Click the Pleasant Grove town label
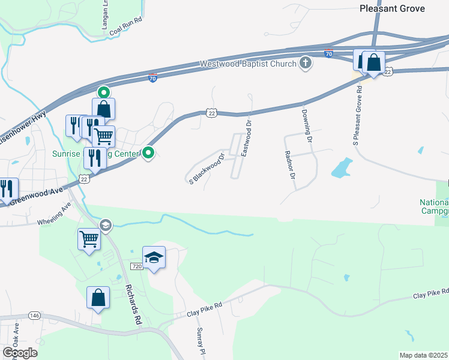[x=392, y=8]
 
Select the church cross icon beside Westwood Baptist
[x=306, y=63]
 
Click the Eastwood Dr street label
[x=246, y=138]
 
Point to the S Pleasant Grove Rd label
[x=358, y=115]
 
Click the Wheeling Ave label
[x=54, y=214]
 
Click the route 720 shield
[x=136, y=266]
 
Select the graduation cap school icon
[x=154, y=257]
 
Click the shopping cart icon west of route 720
[x=89, y=239]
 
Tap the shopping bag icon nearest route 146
[x=98, y=298]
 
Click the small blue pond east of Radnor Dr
[x=340, y=169]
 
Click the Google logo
[x=19, y=353]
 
